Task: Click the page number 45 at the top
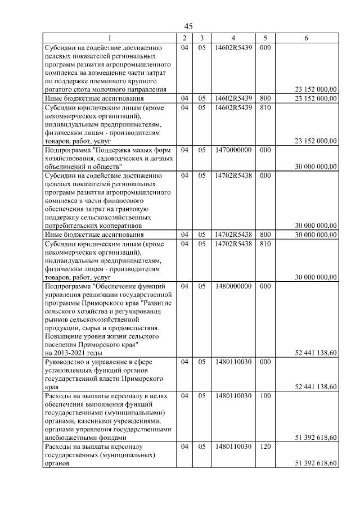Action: pos(188,26)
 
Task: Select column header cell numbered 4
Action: pos(233,38)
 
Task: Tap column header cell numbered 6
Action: pos(305,38)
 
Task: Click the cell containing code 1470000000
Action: pos(233,150)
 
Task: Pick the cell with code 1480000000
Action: pos(233,286)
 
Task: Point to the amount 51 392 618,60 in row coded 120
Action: pos(316,463)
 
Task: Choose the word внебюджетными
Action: pos(69,437)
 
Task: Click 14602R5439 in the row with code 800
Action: pos(233,98)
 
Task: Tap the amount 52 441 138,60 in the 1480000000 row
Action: pos(316,353)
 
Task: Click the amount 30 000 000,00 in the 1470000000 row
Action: pos(316,166)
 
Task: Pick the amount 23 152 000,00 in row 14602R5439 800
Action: pos(316,98)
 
